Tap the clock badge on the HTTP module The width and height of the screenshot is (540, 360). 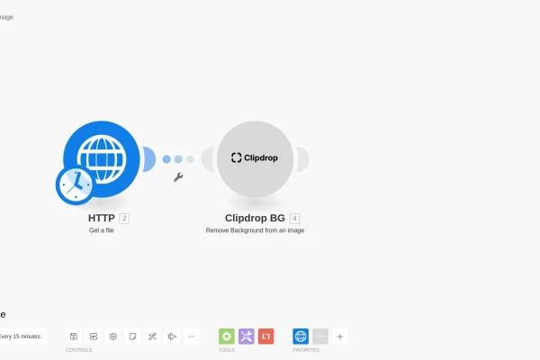click(76, 185)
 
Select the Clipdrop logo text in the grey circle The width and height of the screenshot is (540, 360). click(255, 157)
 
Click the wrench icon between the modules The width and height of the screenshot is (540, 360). click(178, 177)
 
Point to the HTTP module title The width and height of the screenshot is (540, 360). click(102, 218)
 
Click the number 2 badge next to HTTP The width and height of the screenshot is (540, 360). click(124, 218)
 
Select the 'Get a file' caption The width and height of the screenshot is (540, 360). click(102, 230)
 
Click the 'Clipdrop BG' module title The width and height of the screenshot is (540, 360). click(255, 218)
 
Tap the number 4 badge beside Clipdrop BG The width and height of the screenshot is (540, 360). click(294, 218)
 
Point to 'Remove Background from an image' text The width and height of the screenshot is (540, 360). click(255, 230)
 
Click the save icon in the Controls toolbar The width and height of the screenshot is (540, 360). click(74, 337)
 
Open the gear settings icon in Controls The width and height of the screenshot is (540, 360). click(113, 337)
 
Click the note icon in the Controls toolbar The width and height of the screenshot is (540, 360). click(132, 337)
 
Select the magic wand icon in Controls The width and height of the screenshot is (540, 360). click(152, 337)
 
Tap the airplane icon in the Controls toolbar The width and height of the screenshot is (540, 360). click(172, 337)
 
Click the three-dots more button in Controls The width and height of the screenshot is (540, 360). click(192, 337)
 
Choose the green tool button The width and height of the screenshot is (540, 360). click(227, 337)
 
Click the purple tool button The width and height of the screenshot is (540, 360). click(247, 337)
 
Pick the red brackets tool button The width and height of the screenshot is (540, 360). click(266, 337)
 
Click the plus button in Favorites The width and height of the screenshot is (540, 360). click(340, 337)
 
